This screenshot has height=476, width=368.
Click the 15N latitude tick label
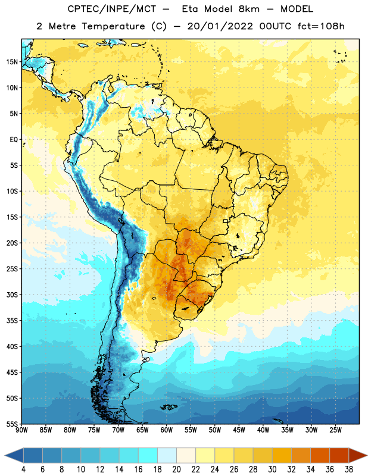12,62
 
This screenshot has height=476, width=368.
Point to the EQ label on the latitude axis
14,140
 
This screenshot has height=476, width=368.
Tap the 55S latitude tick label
12,424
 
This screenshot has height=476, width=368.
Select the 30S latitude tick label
12,295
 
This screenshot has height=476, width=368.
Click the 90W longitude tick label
21,430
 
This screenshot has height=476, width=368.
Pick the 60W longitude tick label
167,430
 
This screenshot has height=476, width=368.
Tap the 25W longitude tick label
335,430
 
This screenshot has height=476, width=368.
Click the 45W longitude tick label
239,430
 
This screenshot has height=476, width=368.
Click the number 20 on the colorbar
176,469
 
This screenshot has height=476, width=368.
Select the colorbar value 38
349,469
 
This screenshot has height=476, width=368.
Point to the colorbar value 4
23,469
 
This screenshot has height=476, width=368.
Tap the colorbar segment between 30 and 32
282,455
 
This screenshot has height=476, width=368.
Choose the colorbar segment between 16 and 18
148,455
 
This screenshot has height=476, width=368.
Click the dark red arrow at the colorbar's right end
358,455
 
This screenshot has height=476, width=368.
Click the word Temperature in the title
113,26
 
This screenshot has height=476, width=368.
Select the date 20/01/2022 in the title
220,26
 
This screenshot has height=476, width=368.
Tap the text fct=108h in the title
321,26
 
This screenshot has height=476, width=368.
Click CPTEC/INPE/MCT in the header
112,9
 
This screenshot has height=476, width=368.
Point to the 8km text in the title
249,9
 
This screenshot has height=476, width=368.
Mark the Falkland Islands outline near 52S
169,407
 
